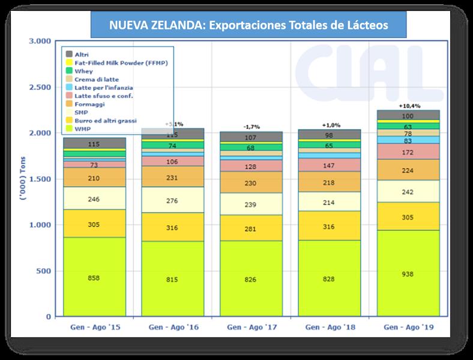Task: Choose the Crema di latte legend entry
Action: coord(96,79)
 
